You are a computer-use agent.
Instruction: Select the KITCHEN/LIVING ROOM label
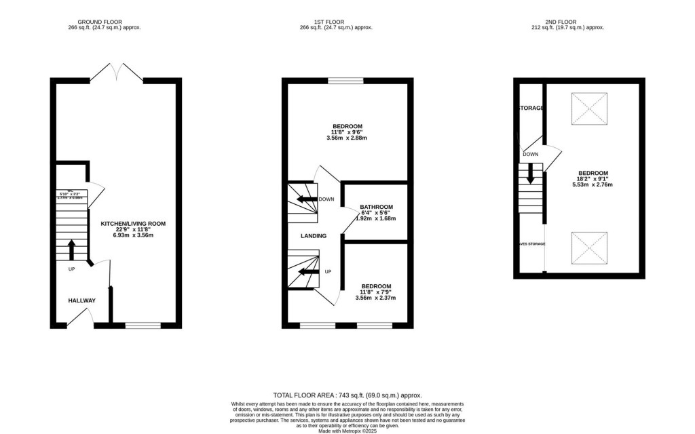[x=133, y=223]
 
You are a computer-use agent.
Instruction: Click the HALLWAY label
[x=81, y=300]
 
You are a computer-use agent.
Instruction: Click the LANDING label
[x=314, y=236]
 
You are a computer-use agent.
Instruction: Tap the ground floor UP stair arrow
[x=72, y=250]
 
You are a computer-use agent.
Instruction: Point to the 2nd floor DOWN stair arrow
[x=531, y=176]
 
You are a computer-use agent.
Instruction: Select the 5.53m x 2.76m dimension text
[x=593, y=184]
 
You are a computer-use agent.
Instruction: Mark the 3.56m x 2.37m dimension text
[x=375, y=298]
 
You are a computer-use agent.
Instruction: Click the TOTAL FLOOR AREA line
[x=347, y=395]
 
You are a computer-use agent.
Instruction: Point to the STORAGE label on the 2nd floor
[x=531, y=108]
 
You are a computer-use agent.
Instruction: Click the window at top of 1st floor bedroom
[x=347, y=81]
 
